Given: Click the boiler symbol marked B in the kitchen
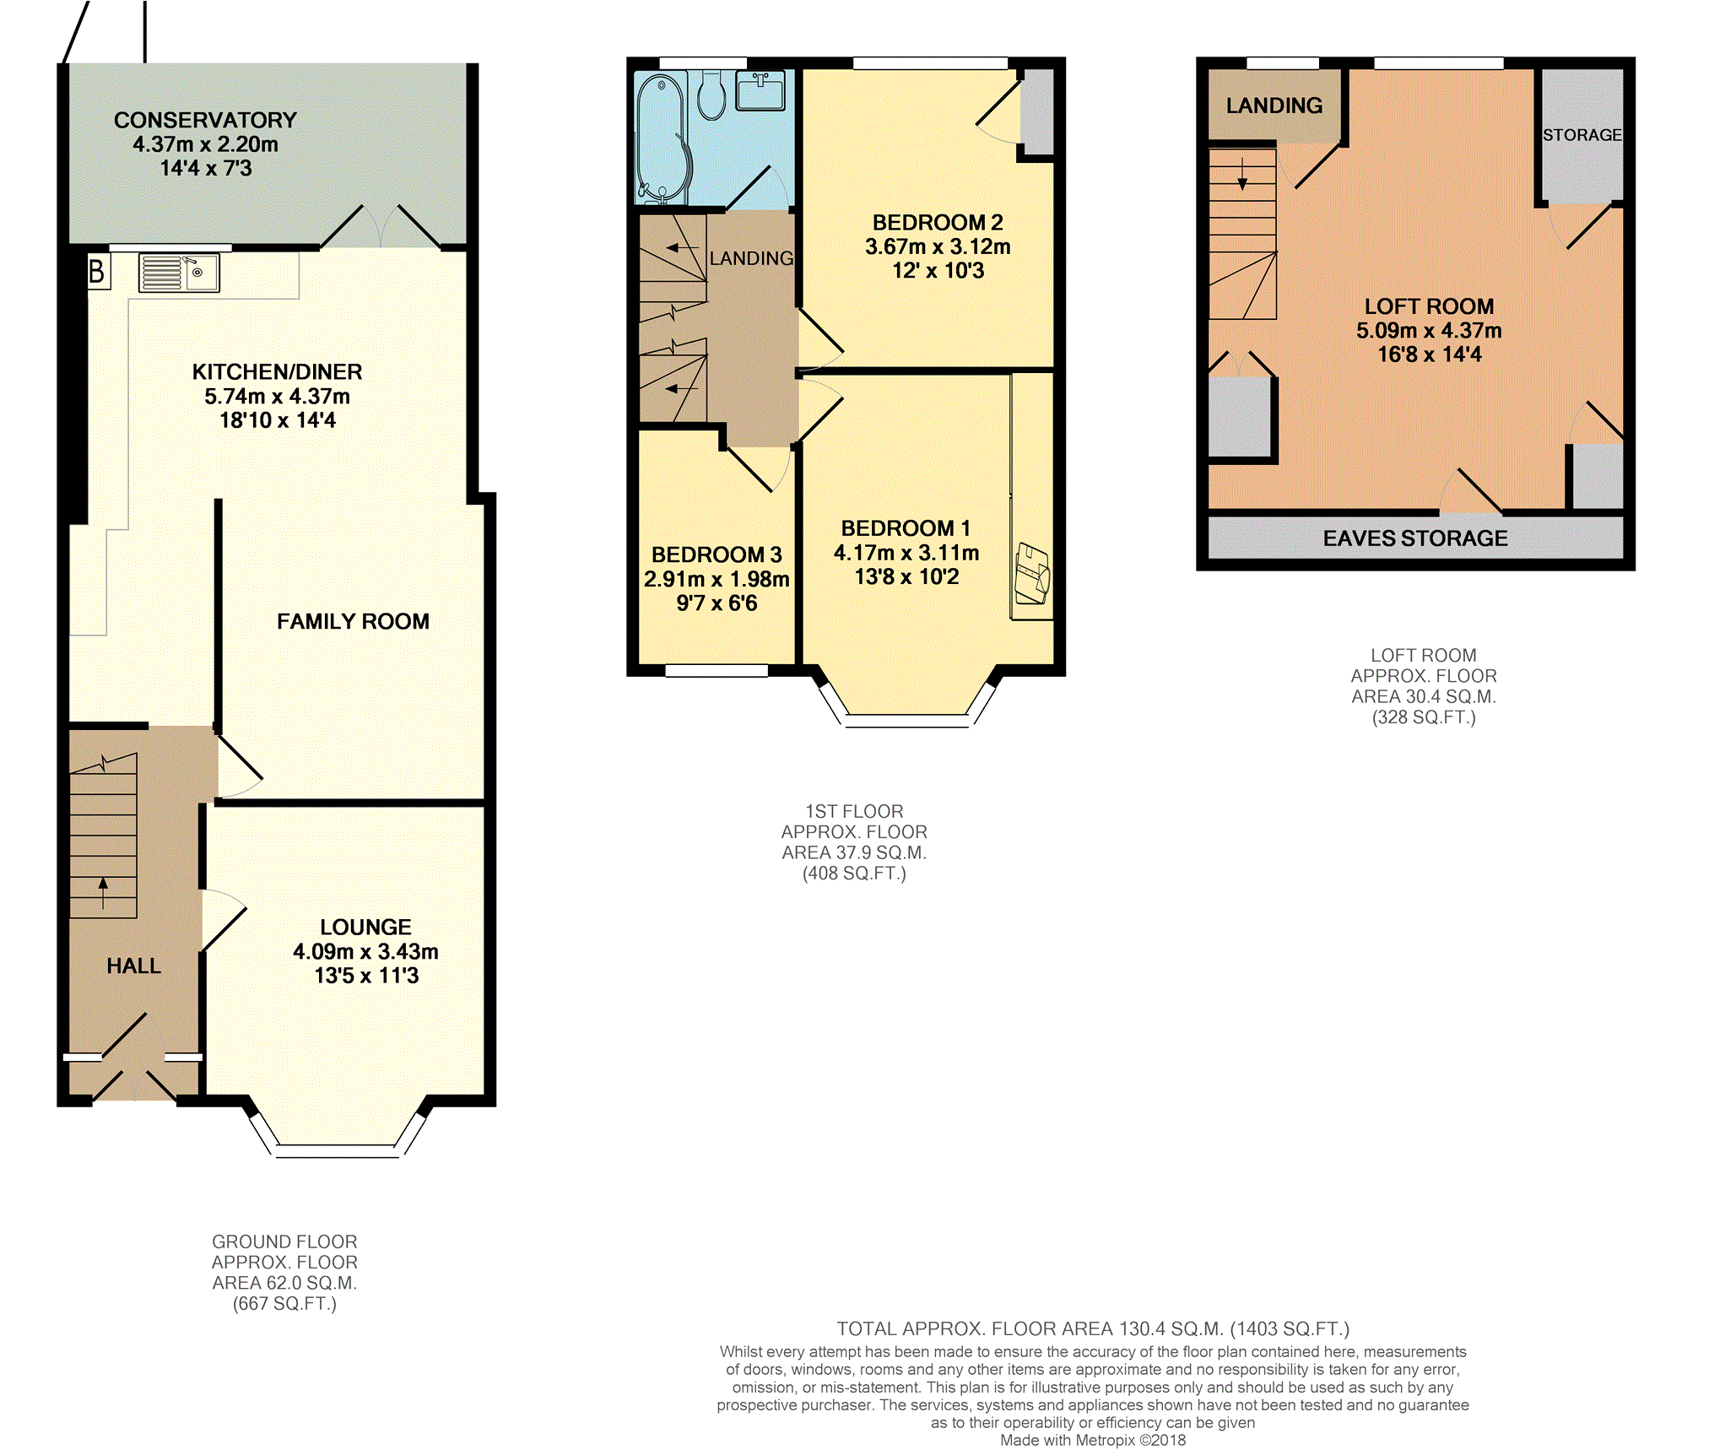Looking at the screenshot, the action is click(99, 271).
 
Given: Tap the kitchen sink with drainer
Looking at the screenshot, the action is click(179, 273).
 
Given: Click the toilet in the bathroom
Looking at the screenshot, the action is click(712, 95).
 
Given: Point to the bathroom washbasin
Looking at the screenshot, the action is click(760, 90).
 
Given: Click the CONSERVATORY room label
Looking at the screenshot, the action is click(205, 120).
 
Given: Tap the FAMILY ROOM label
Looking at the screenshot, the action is click(353, 621).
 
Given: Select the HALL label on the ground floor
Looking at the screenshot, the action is click(133, 965).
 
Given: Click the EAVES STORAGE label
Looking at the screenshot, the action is click(1414, 538).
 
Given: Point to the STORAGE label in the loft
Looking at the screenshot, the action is click(1582, 135).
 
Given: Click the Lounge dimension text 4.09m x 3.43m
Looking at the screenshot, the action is click(365, 951).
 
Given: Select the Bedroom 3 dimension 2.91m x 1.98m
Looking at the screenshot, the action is click(717, 579).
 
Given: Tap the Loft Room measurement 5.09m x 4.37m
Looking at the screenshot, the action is click(1429, 330).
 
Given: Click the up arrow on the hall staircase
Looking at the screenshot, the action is click(103, 892).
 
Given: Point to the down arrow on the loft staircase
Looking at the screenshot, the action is click(1242, 174).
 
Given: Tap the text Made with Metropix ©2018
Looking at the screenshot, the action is click(1093, 1440).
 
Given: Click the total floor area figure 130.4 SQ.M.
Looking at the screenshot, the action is click(1171, 1328).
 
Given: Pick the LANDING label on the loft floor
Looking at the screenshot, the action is click(1274, 105).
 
